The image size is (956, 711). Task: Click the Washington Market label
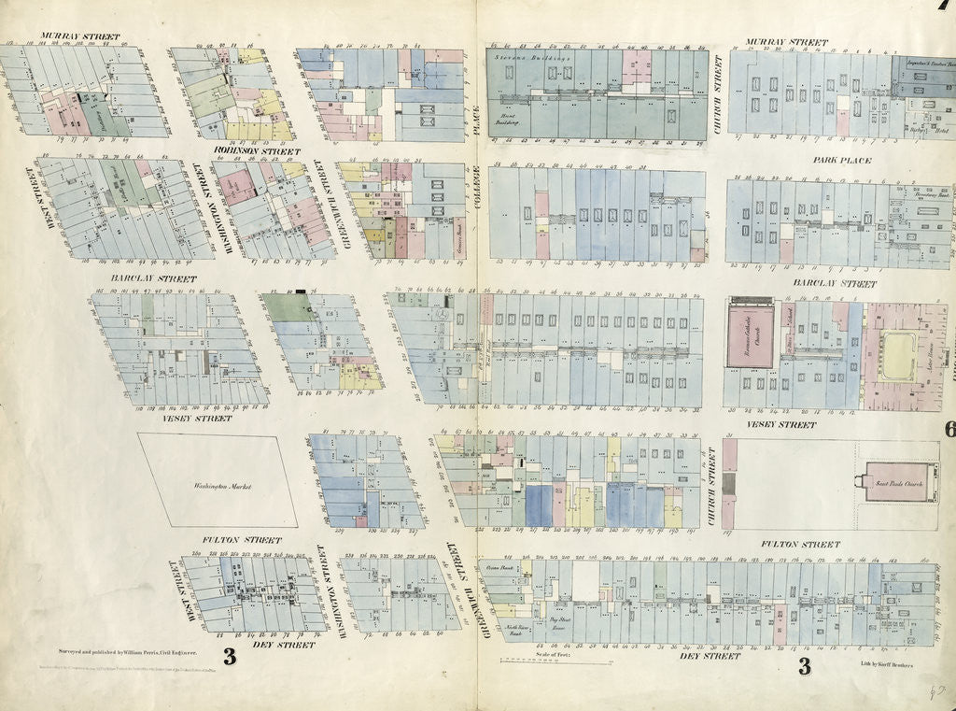[x=218, y=486]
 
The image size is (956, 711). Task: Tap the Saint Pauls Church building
[x=900, y=482]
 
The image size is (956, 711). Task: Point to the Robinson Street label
[x=257, y=150]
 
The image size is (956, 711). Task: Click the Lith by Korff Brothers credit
[x=888, y=663]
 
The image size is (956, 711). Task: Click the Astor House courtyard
[x=897, y=356]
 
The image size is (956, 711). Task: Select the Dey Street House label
[x=560, y=620]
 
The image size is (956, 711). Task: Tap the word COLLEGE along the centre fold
[x=475, y=196]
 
